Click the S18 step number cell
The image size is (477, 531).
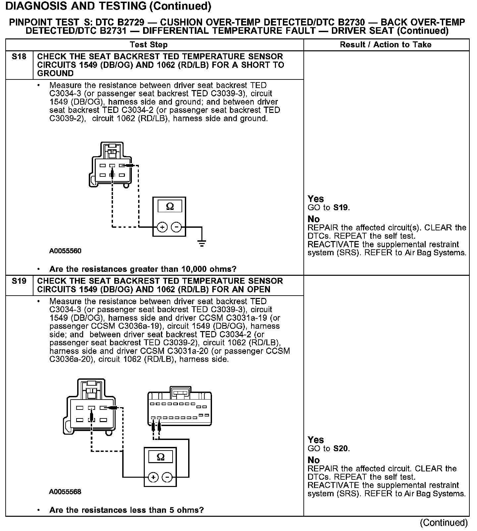tap(19, 57)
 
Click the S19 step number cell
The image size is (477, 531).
tap(19, 281)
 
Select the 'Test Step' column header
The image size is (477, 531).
tap(149, 45)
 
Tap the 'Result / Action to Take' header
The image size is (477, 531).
tap(386, 45)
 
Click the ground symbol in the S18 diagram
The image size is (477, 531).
tap(202, 243)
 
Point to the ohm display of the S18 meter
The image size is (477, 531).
tap(170, 206)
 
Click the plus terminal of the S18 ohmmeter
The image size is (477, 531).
tap(162, 227)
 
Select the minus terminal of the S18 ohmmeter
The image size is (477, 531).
tap(177, 227)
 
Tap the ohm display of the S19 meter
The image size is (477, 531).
tap(161, 457)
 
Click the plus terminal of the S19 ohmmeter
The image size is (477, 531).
tap(153, 477)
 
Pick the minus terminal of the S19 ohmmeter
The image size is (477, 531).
tap(168, 477)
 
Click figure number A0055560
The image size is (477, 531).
tap(65, 251)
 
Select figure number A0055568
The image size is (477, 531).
tap(65, 492)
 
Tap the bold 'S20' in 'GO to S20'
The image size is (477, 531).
tap(341, 449)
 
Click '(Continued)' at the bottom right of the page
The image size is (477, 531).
tap(444, 523)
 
